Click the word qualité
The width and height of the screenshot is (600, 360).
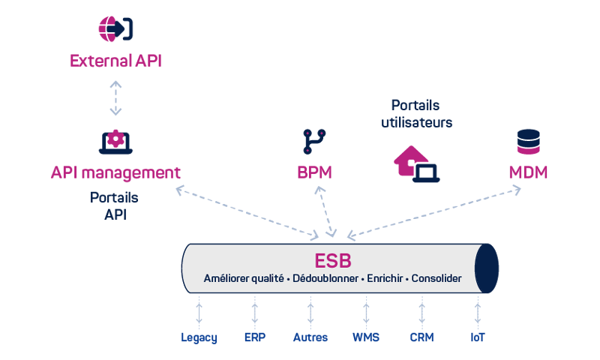click(x=267, y=278)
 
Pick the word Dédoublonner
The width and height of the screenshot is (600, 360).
click(x=324, y=278)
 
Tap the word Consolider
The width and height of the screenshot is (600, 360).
click(x=436, y=278)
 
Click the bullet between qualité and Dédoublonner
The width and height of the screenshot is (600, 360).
click(x=288, y=279)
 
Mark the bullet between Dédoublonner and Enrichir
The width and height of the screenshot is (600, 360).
click(x=361, y=279)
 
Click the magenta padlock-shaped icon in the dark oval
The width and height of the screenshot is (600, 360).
click(x=114, y=139)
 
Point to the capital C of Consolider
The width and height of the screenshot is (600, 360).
click(x=415, y=278)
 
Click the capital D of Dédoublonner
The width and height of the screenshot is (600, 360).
click(x=295, y=278)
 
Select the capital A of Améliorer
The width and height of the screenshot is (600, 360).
click(x=208, y=278)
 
